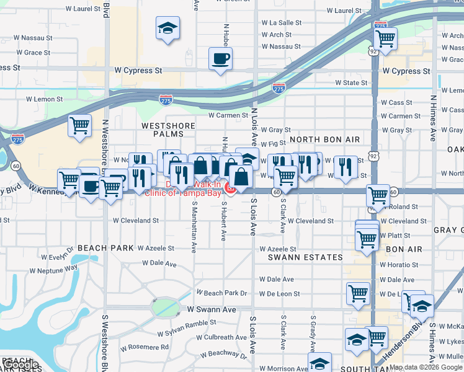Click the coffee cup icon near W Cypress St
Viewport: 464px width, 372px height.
click(x=220, y=60)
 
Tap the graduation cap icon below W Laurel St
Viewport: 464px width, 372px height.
click(x=167, y=29)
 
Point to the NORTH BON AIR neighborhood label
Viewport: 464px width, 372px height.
click(x=321, y=139)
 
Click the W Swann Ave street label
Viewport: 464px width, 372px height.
click(x=212, y=309)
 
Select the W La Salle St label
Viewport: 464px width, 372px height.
click(x=282, y=22)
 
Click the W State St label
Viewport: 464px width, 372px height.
click(x=351, y=82)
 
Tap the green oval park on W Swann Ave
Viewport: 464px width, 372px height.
click(x=164, y=307)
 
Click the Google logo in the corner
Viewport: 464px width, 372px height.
click(x=20, y=365)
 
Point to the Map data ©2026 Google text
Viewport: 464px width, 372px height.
click(x=425, y=367)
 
